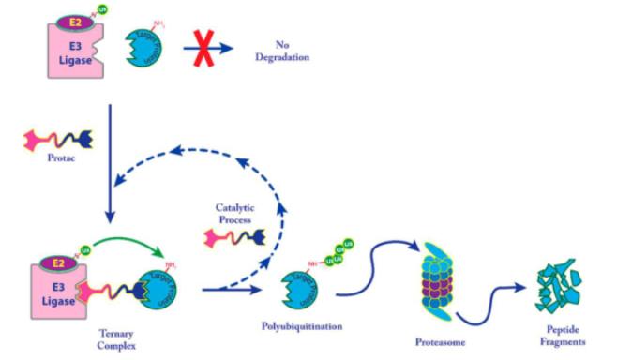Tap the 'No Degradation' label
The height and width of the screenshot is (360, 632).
[293, 51]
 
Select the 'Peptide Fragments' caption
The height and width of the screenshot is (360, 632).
[563, 336]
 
